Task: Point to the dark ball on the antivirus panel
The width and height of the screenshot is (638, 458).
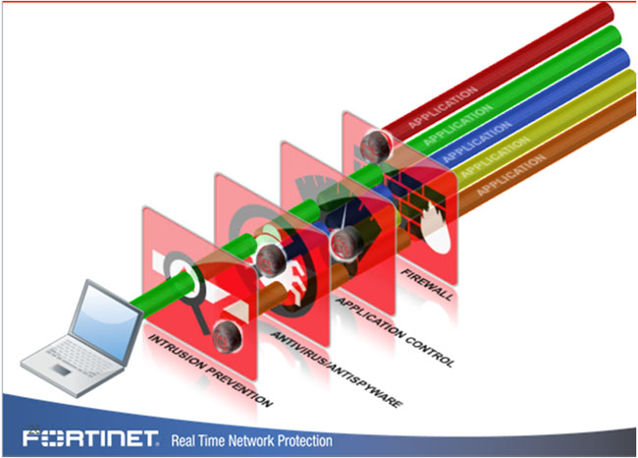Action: coord(271,258)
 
